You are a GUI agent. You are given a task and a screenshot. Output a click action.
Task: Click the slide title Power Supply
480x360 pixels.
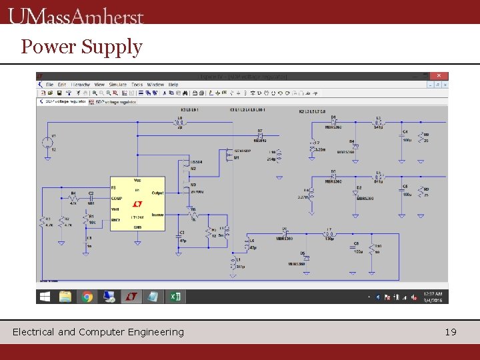[x=81, y=47]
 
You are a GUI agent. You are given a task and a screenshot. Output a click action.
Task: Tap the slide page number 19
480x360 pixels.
[x=451, y=331]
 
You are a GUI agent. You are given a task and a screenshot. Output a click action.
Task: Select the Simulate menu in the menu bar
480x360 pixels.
[x=117, y=85]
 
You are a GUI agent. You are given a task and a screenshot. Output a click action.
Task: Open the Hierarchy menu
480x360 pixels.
[x=81, y=85]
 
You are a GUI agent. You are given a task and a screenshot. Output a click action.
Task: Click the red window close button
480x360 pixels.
[x=439, y=76]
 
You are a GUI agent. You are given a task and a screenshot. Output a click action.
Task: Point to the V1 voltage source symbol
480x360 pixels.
[x=47, y=141]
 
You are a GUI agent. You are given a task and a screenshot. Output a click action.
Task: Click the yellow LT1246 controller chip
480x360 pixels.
[x=137, y=203]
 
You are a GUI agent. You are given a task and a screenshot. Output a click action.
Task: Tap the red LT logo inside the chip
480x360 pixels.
[x=138, y=203]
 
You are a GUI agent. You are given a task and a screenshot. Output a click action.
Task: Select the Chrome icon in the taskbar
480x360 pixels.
[x=87, y=297]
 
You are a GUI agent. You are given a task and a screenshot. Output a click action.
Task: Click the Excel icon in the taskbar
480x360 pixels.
[x=175, y=297]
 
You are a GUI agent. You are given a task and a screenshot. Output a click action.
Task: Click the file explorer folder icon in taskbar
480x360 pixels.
[x=65, y=297]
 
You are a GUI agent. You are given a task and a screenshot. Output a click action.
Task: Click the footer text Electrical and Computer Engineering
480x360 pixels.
[x=98, y=331]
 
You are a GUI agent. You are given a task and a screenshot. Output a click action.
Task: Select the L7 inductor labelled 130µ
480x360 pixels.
[x=329, y=234]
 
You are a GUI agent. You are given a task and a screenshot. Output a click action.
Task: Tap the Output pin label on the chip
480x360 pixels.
[x=158, y=193]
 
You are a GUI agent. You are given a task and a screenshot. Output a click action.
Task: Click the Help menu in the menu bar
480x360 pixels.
[x=173, y=85]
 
